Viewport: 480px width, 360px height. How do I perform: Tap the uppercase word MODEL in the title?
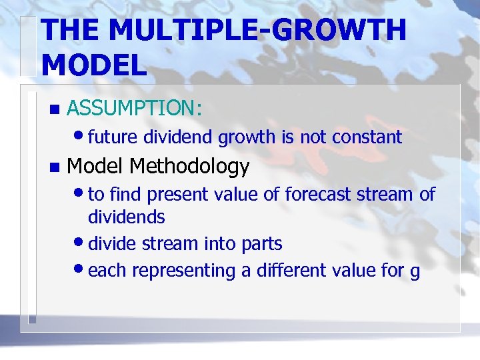click(x=94, y=65)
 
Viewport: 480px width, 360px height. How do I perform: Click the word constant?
click(x=369, y=137)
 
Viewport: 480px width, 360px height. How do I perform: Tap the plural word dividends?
click(x=126, y=217)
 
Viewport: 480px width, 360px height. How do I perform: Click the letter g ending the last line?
click(x=415, y=273)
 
